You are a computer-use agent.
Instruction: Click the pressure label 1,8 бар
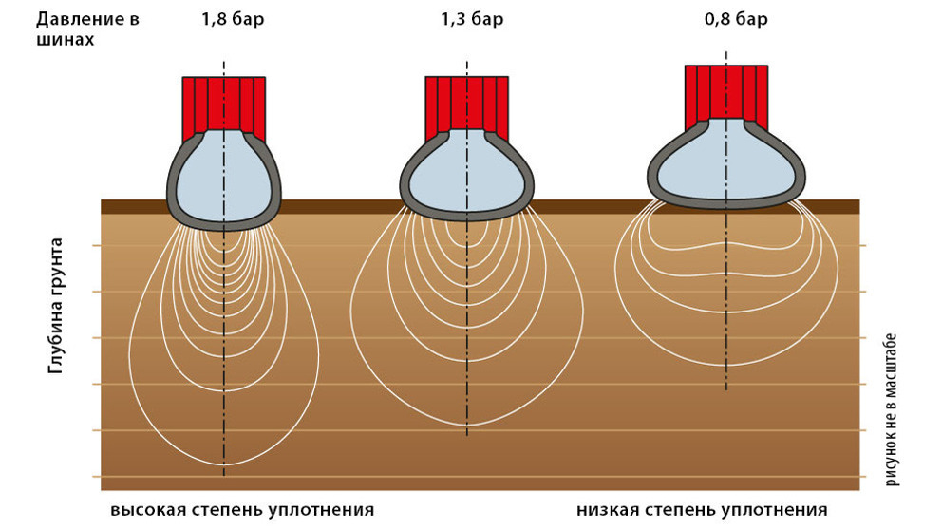pos(233,19)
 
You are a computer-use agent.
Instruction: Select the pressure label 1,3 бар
pos(472,19)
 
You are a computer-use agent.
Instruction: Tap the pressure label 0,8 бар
pos(736,19)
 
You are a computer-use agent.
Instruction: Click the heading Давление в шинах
pos(87,28)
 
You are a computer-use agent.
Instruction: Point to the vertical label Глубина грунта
pos(55,306)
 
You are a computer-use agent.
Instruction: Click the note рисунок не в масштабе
pos(891,409)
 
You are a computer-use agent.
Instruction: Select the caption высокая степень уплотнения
pos(242,510)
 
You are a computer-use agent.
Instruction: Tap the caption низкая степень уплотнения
pos(702,510)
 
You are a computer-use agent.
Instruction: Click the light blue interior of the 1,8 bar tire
pos(223,178)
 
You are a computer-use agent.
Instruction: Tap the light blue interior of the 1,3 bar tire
pos(467,174)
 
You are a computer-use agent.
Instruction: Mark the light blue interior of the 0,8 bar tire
pos(726,162)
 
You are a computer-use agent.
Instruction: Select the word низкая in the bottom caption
pos(606,510)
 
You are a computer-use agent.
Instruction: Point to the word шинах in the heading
pos(65,40)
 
